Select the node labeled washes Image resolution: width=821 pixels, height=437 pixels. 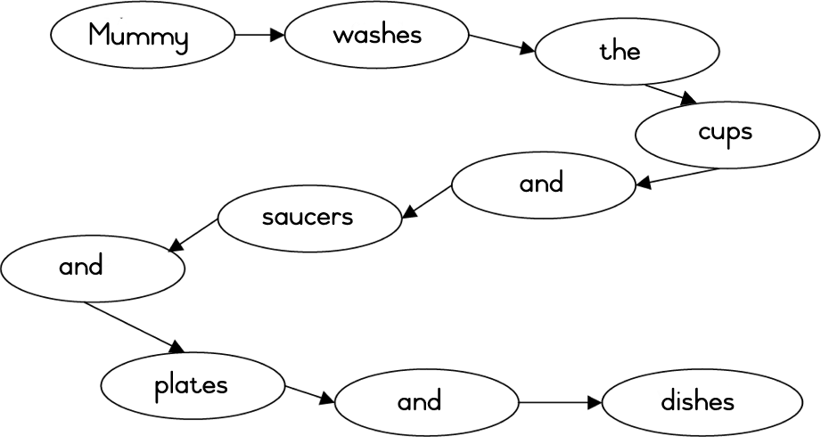[377, 37]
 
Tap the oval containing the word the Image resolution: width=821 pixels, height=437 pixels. [627, 52]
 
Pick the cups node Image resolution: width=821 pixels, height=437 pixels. [727, 134]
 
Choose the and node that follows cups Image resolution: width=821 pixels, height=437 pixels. [543, 185]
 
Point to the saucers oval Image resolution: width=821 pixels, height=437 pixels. [308, 218]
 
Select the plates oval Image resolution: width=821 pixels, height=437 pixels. [192, 386]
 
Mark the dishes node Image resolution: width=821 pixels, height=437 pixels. [696, 402]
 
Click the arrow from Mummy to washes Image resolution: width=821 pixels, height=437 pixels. [259, 36]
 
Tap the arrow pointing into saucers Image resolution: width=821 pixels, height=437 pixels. [427, 202]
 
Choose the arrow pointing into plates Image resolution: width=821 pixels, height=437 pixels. [135, 326]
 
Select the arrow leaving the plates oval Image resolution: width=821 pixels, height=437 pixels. [310, 394]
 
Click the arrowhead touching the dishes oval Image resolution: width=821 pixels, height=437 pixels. [594, 402]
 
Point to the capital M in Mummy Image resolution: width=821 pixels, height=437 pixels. [101, 37]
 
